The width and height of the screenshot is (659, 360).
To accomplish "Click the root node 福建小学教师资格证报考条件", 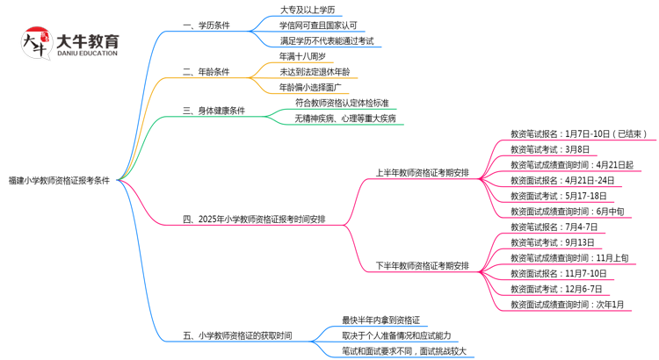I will (x=59, y=179).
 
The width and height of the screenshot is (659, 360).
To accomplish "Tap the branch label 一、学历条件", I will (x=206, y=25).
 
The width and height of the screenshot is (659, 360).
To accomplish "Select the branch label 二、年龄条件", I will (x=206, y=72).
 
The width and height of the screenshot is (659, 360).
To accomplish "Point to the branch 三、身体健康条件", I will (x=214, y=111).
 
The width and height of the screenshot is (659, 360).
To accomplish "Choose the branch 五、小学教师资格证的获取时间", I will (x=237, y=335).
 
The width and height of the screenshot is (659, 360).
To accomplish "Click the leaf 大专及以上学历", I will (x=307, y=10).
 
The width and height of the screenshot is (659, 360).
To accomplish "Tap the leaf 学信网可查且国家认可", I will (x=318, y=25).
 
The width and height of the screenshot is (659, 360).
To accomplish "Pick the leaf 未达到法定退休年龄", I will (x=315, y=72).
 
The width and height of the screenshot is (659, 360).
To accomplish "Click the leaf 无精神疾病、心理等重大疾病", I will (x=344, y=118).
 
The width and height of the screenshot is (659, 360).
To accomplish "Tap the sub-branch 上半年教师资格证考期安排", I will (x=422, y=172).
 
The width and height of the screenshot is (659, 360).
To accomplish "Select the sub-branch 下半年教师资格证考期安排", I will (x=422, y=265).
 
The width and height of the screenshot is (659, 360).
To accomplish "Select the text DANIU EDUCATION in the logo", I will (x=85, y=54).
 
